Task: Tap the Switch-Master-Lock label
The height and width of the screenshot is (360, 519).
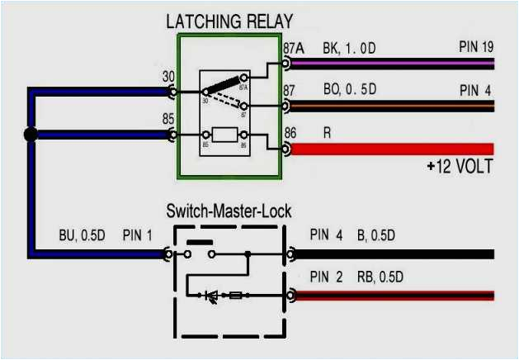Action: coord(229,211)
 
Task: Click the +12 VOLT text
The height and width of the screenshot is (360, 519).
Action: coord(459,167)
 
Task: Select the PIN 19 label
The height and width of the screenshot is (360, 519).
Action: coord(476,47)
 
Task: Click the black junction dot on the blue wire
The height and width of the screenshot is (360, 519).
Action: coord(31,135)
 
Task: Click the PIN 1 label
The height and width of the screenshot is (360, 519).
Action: coord(138,236)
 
